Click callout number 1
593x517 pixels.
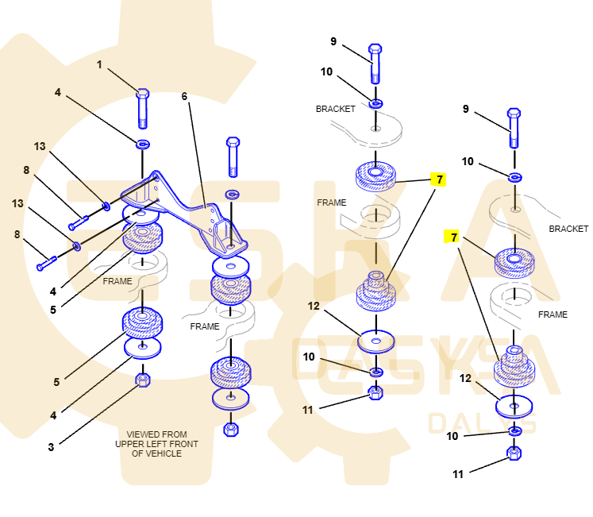coord(100,65)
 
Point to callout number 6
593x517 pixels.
coord(184,96)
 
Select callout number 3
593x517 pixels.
coord(51,447)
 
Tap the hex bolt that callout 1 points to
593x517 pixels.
coord(143,108)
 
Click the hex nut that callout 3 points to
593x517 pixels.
coord(143,380)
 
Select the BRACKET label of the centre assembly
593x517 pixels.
coord(335,109)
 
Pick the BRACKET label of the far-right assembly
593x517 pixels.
coord(568,229)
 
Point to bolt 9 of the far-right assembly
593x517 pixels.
coord(514,127)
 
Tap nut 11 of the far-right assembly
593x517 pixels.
coord(514,454)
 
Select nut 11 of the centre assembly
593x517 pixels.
coord(376,392)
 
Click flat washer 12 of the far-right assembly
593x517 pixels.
coord(514,407)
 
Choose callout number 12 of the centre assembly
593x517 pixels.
coord(314,306)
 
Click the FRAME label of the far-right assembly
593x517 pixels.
coord(553,314)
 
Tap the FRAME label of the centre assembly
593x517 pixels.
coord(332,203)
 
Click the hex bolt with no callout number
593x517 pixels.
coord(233,156)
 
